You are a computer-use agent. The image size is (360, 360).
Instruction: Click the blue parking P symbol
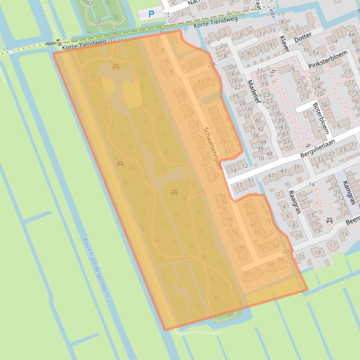click(151, 14)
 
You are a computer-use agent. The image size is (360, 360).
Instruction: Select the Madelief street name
click(252, 92)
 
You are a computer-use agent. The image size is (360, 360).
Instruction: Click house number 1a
click(311, 184)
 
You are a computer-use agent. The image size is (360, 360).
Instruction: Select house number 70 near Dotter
click(306, 50)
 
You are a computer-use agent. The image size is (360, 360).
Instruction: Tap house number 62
click(316, 52)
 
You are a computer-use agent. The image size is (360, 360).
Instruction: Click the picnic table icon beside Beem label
click(329, 220)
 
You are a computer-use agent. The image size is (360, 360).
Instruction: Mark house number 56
click(281, 259)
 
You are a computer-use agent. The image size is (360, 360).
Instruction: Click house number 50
click(247, 273)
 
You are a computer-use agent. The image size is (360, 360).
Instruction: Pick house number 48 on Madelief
click(269, 154)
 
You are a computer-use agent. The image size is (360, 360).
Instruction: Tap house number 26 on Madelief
click(235, 96)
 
